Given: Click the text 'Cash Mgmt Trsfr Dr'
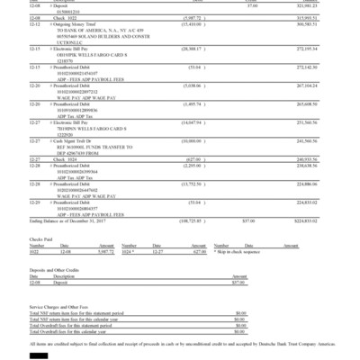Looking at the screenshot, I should (x=79, y=141).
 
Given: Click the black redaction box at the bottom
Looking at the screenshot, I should (x=40, y=356).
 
